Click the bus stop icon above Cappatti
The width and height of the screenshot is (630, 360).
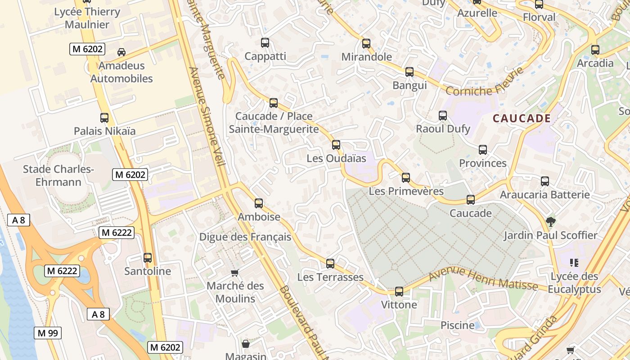click(x=265, y=43)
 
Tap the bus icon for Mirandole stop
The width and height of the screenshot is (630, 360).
click(x=366, y=44)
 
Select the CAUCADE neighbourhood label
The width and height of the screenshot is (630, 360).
click(x=522, y=118)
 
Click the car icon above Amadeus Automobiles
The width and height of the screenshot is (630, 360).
click(x=121, y=52)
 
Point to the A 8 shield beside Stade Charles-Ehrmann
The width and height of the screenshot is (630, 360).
click(x=19, y=220)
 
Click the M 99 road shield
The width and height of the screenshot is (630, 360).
click(x=48, y=333)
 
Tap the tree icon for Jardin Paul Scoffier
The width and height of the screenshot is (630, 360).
click(x=550, y=221)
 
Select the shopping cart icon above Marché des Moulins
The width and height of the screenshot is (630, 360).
click(x=234, y=273)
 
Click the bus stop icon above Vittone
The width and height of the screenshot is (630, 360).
click(x=399, y=292)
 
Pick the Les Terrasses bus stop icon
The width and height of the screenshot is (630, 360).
click(x=330, y=264)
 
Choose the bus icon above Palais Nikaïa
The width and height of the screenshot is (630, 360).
click(x=104, y=118)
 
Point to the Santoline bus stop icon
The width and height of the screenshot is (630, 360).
click(x=148, y=258)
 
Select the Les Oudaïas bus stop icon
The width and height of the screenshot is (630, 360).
click(x=336, y=145)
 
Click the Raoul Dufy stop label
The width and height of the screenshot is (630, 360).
click(x=443, y=129)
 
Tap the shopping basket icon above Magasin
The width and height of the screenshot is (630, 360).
click(x=246, y=344)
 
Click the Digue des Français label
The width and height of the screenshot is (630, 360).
click(x=245, y=237)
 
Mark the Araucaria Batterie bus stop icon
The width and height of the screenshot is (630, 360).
click(x=545, y=181)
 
